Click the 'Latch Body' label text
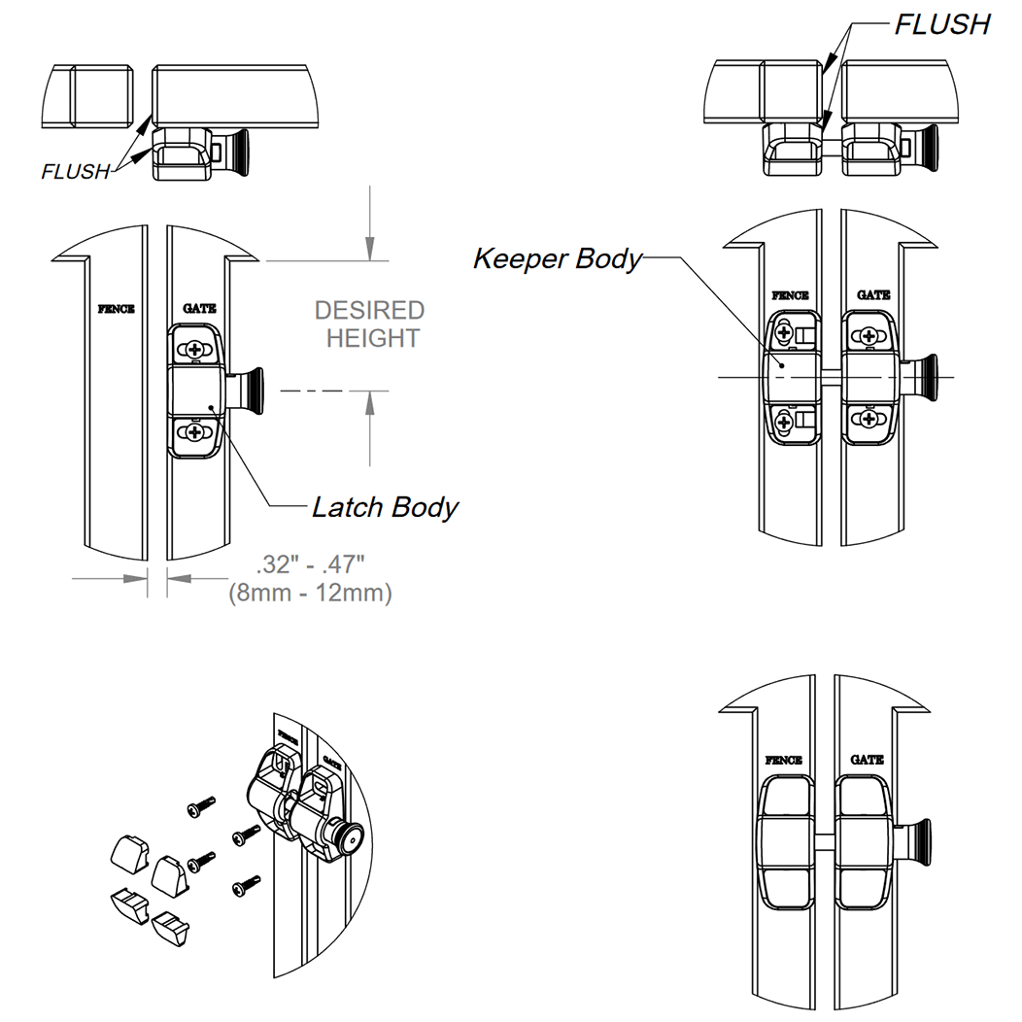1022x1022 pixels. (x=385, y=507)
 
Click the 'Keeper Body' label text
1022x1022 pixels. (x=558, y=259)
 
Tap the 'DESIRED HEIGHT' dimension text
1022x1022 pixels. (x=369, y=324)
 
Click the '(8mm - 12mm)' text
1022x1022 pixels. (x=310, y=593)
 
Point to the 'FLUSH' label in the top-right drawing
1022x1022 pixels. (x=941, y=24)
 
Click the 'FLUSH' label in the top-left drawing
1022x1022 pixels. (x=76, y=172)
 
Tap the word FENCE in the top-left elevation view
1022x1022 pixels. (x=117, y=310)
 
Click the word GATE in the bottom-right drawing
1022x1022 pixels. (x=867, y=759)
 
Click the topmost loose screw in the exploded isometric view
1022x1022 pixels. (x=201, y=805)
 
